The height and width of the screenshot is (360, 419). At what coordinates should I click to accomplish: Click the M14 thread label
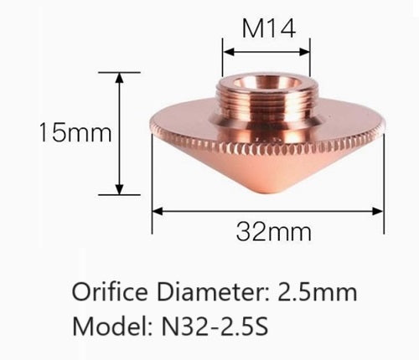(268, 28)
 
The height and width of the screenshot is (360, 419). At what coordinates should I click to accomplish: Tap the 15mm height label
(75, 132)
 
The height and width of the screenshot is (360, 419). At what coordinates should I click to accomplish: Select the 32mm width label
(273, 231)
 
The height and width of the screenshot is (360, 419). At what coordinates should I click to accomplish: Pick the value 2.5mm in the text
(318, 291)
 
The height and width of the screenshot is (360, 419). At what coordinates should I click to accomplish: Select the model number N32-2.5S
(215, 326)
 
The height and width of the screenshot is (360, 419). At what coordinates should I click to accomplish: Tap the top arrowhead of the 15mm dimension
(120, 77)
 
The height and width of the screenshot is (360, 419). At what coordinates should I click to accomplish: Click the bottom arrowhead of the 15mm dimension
(120, 190)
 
